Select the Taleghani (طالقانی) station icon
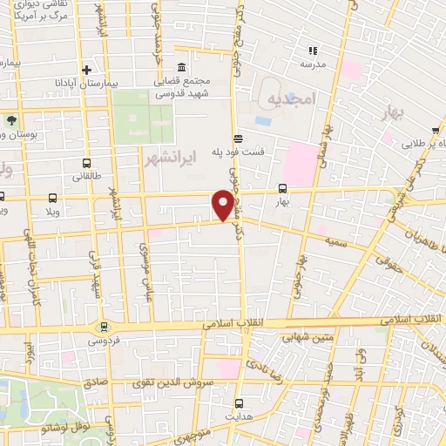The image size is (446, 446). (x=84, y=163)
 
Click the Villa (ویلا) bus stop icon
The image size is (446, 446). (x=52, y=198)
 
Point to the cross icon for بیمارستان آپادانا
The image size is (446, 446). (x=85, y=70)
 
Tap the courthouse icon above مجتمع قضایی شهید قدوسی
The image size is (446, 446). (x=181, y=69)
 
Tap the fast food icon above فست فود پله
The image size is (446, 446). (x=237, y=139)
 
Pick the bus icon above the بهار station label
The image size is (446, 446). (x=282, y=187)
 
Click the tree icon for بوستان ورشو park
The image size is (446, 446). (x=12, y=121)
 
